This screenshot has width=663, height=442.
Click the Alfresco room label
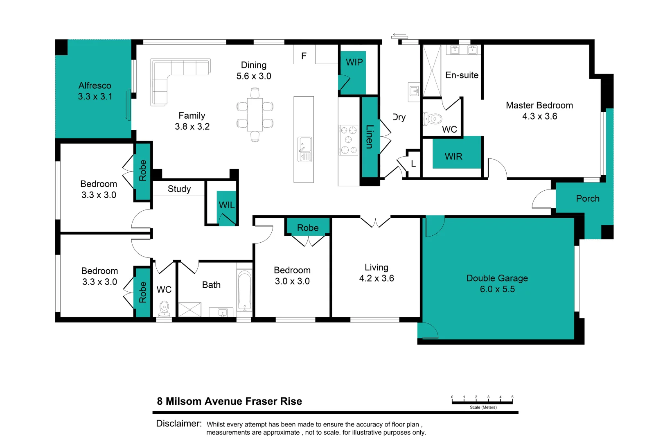tap(95, 86)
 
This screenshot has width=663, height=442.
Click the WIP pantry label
tap(354, 62)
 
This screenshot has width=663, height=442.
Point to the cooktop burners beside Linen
tap(348, 140)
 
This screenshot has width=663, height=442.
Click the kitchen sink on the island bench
tap(304, 149)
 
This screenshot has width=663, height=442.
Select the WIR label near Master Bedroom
tap(453, 156)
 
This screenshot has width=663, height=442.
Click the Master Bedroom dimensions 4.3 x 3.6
tap(539, 116)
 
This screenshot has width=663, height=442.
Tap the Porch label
tap(588, 198)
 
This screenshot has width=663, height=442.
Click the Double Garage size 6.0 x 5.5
tap(497, 289)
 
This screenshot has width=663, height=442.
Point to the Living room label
tap(377, 267)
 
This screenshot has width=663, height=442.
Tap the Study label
tap(179, 189)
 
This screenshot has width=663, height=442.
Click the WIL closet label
tap(227, 205)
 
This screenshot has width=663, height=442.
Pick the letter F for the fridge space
tap(304, 56)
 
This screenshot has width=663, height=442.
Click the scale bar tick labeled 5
tap(512, 397)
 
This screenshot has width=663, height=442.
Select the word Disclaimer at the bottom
tap(179, 424)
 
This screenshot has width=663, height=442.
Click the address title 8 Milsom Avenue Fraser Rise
tap(229, 401)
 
